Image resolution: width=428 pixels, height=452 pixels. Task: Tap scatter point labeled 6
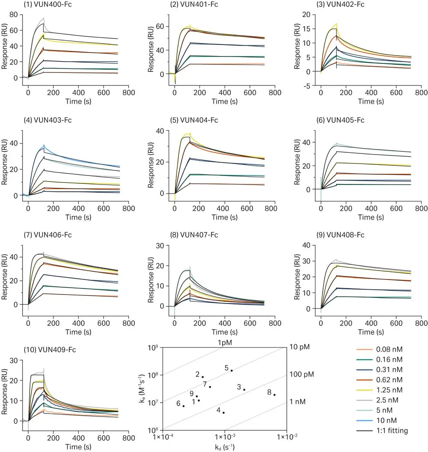point(184,406)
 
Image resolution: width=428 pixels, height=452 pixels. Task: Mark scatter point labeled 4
point(223,413)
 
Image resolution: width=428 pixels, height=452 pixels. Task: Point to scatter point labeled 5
point(232,370)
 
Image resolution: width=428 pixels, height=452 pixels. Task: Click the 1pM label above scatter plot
point(225,342)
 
